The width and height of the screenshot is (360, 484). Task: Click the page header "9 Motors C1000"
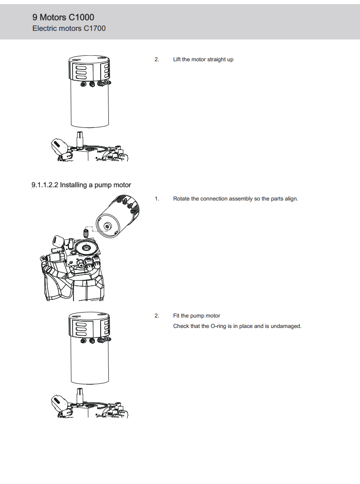[63, 17]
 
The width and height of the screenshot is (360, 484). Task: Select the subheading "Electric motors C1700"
[69, 29]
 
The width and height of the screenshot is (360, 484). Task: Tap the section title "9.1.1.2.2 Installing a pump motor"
[81, 185]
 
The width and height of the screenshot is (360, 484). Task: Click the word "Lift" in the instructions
[177, 59]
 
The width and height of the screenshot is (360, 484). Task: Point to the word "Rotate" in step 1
[182, 199]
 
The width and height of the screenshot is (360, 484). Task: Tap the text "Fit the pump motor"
[196, 316]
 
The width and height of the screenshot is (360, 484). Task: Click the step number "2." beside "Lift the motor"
[157, 59]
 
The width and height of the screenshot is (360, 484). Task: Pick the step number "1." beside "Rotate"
[157, 199]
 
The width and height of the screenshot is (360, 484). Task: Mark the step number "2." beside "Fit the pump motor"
[157, 316]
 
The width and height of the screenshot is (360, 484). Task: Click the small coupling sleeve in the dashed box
[85, 233]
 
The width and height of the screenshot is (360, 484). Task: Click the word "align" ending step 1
[291, 199]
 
